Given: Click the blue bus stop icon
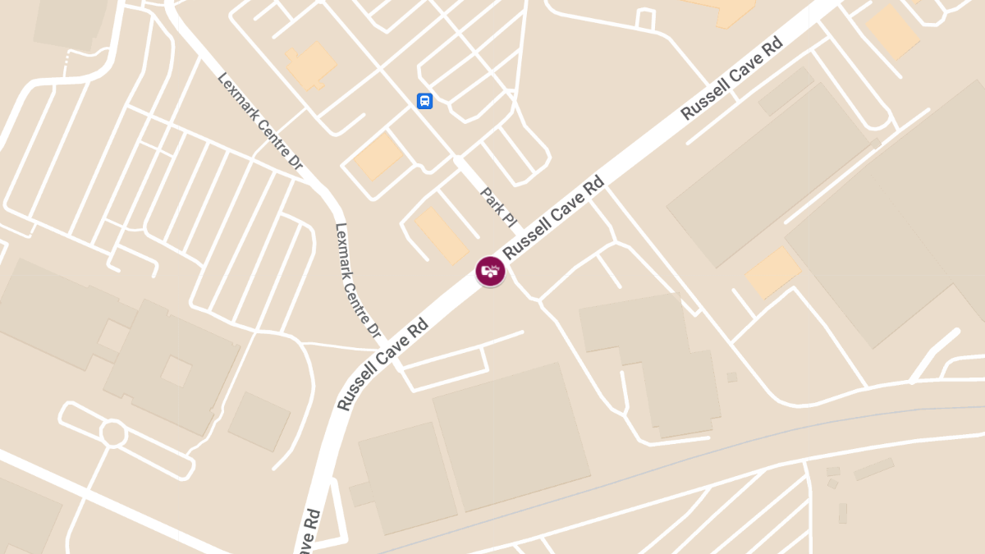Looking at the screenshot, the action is (x=424, y=101).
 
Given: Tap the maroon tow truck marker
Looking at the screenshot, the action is (x=490, y=271).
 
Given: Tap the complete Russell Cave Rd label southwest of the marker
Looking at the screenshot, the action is (x=383, y=364).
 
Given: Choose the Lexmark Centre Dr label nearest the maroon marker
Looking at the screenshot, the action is (x=358, y=282).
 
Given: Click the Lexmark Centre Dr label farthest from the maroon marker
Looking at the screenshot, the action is (x=260, y=121).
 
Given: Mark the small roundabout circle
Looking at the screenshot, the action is (x=113, y=433).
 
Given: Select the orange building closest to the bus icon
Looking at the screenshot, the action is (x=378, y=156).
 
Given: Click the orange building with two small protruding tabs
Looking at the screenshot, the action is (x=310, y=65).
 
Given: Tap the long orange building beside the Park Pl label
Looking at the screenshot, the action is (x=442, y=236).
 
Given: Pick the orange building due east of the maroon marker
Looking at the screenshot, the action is (x=772, y=272).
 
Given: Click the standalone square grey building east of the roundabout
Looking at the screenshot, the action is (x=259, y=421).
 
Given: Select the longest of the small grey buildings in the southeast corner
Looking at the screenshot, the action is (x=873, y=469).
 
